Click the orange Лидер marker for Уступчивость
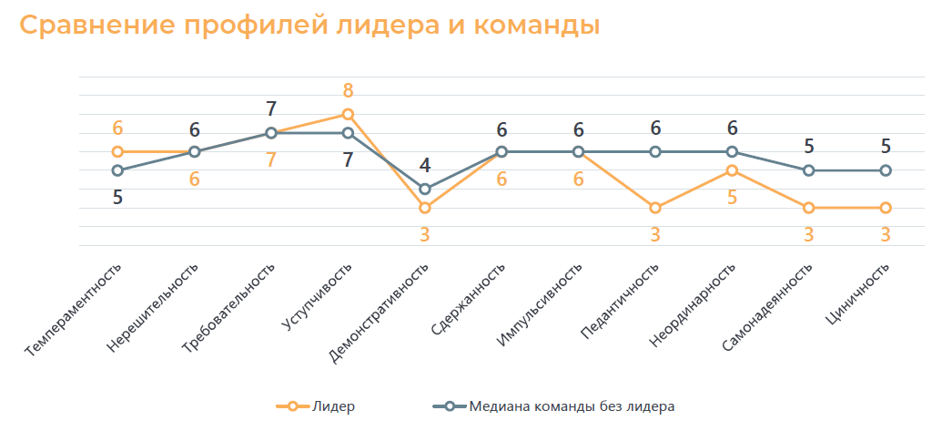coord(348,114)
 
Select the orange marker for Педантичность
coord(654,208)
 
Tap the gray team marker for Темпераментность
coord(117,170)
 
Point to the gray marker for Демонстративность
coord(424,189)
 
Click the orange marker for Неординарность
coord(732,170)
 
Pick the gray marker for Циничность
coord(885,170)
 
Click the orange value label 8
coord(348,91)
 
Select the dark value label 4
coord(424,166)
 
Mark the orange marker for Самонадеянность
coord(808,208)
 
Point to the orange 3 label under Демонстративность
coord(424,234)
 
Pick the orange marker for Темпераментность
coord(117,151)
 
